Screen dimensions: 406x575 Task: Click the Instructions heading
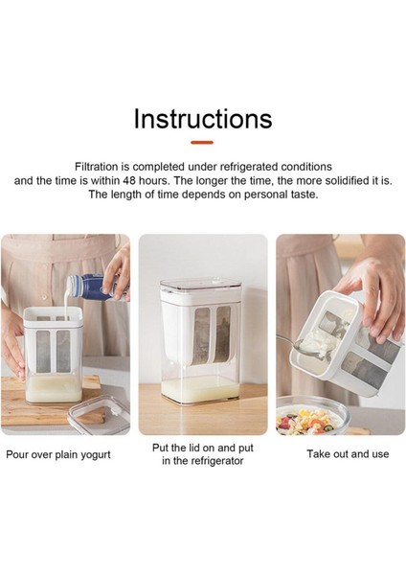[203, 119]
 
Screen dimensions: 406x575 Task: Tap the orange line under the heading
[202, 142]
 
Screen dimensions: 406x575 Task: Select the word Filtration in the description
[97, 167]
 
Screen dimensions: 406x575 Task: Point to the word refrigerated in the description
[249, 167]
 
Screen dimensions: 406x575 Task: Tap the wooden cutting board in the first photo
[52, 400]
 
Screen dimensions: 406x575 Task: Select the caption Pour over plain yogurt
[58, 454]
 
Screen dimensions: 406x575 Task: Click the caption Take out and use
[348, 454]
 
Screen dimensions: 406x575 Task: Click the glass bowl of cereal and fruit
[311, 416]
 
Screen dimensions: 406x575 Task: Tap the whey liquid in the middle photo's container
[201, 389]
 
